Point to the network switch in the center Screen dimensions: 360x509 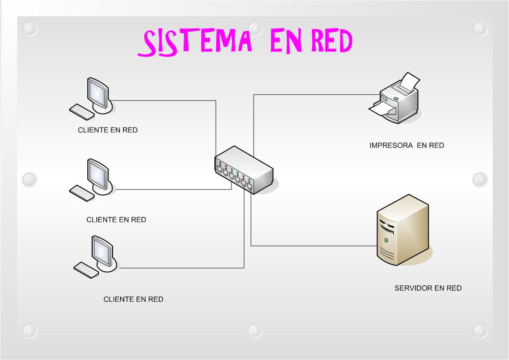click(x=244, y=170)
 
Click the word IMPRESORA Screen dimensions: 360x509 click(x=391, y=146)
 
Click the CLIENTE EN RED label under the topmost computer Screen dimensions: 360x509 click(x=108, y=130)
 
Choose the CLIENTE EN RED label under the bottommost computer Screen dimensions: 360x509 click(x=133, y=299)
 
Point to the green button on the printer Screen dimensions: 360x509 click(x=396, y=98)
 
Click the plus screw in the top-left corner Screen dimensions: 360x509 click(x=30, y=29)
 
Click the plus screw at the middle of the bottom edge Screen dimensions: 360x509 click(x=255, y=331)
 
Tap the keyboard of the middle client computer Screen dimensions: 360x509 click(x=81, y=193)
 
